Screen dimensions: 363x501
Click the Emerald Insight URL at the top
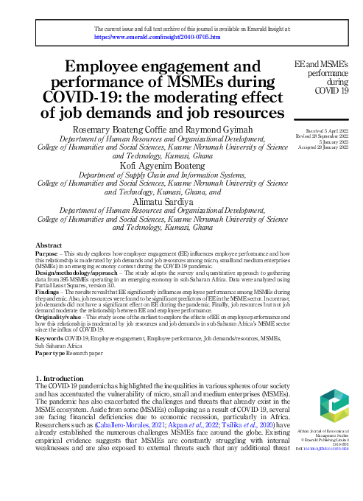click(x=158, y=36)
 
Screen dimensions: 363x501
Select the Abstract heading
click(x=49, y=245)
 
